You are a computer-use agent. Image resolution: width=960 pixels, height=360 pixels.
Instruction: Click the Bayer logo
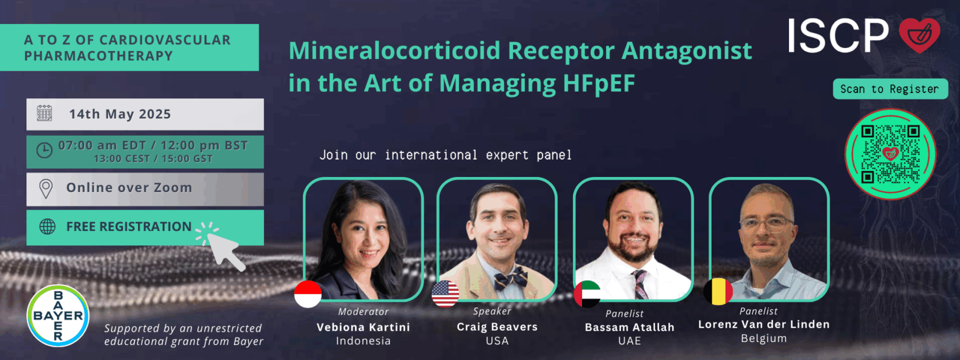tap(58, 316)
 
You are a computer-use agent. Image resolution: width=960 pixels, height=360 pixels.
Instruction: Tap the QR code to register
tap(890, 154)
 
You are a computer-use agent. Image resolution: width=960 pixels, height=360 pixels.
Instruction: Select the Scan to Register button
tap(890, 89)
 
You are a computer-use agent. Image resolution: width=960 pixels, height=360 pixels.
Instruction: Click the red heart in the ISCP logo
tap(920, 35)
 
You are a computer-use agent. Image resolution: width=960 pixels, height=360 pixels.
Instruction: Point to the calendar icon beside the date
tap(44, 113)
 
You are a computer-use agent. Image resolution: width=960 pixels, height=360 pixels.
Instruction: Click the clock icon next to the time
tap(44, 151)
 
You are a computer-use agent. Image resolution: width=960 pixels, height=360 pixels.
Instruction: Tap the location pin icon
tap(46, 189)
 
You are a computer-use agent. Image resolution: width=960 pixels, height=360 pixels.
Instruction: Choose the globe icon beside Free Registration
tap(47, 226)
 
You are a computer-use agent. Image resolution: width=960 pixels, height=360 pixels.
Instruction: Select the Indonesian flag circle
tap(308, 294)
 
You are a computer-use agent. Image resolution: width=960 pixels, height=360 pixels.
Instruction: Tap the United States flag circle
tap(445, 294)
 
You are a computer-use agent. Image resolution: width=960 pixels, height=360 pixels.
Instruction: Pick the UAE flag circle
tap(587, 294)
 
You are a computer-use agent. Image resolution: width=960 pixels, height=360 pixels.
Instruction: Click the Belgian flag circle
tap(718, 292)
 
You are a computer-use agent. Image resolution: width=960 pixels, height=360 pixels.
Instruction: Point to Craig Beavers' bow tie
tap(511, 278)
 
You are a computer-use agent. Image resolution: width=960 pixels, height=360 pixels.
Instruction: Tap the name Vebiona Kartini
tap(364, 327)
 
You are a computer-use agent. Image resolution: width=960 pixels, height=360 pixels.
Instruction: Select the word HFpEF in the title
tap(599, 83)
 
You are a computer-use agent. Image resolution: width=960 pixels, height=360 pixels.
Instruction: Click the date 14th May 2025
tap(120, 114)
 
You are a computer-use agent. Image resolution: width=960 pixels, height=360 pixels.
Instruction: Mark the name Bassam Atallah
tap(629, 328)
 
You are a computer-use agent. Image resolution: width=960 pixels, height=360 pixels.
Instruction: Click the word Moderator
tap(364, 311)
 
